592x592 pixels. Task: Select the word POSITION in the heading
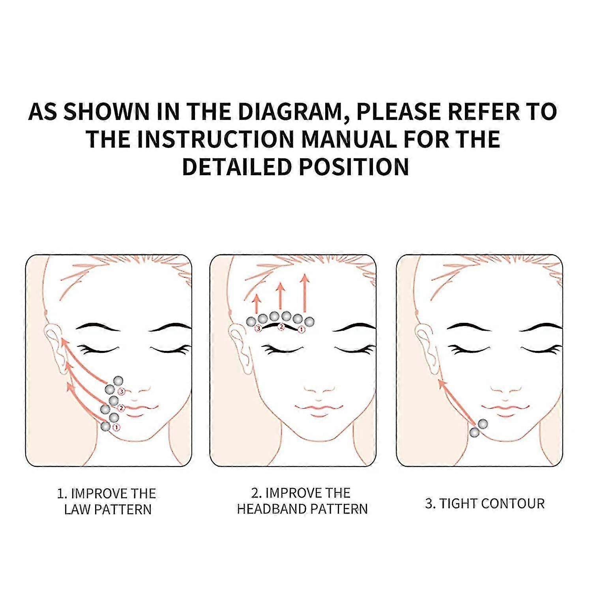tap(354, 166)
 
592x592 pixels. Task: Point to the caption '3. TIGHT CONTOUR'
tap(485, 504)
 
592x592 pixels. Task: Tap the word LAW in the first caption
tap(77, 510)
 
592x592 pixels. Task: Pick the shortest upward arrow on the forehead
tap(257, 303)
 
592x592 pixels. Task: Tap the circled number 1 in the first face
tap(116, 427)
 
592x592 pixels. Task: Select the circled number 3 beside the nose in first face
tap(122, 392)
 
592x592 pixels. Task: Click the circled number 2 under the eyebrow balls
tap(281, 326)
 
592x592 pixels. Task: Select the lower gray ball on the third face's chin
tap(474, 433)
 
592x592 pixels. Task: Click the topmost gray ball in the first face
tap(118, 381)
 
